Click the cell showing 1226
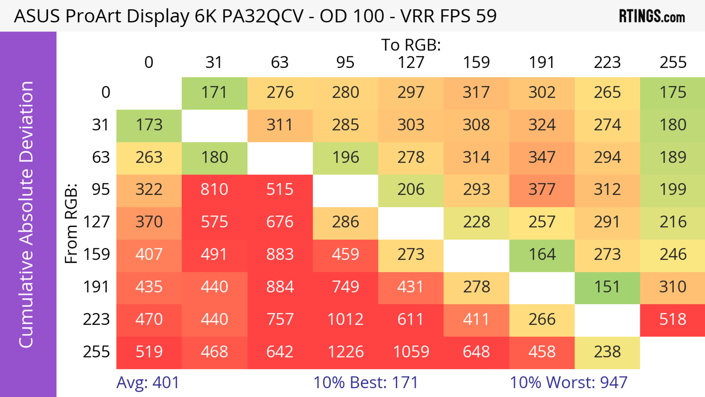point(345,352)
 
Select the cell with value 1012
point(345,319)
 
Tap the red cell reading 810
point(214,189)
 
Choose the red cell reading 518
point(673,319)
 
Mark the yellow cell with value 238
point(607,352)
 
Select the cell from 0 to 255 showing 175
point(673,92)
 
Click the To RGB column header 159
point(476,62)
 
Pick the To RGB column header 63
point(280,62)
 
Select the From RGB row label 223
point(96,319)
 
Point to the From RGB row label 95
point(101,189)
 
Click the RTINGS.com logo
point(652,16)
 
